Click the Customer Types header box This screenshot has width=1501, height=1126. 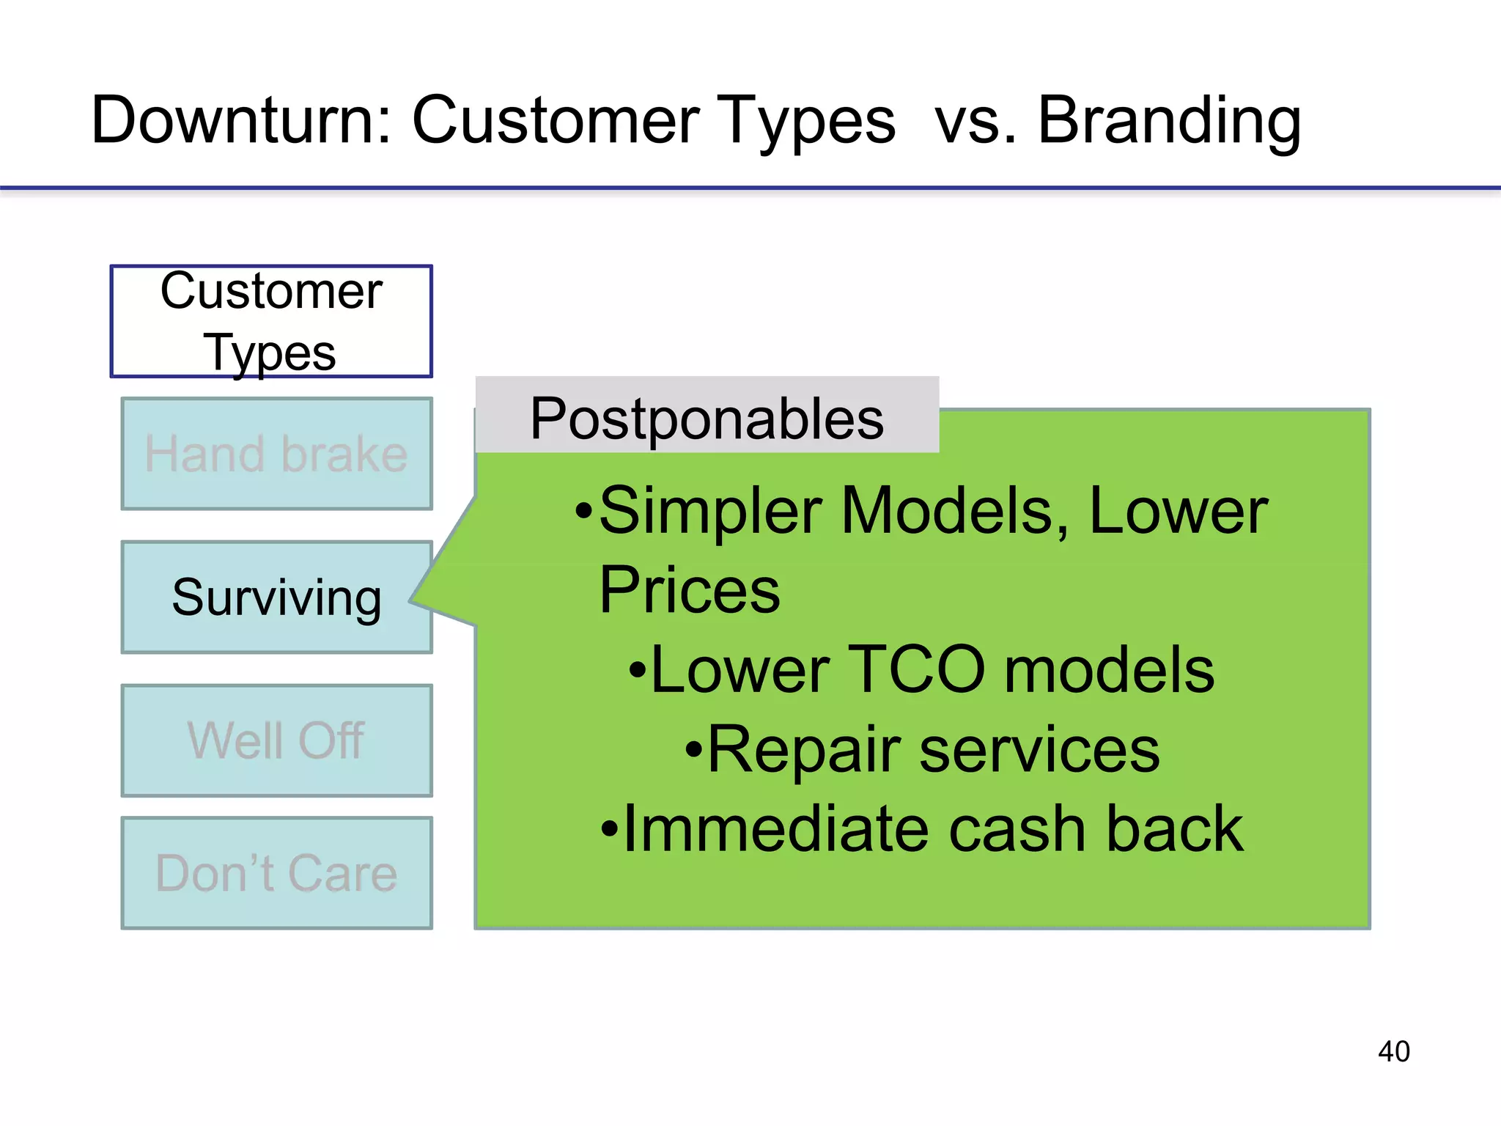(x=271, y=321)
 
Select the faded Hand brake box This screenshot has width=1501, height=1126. (x=276, y=454)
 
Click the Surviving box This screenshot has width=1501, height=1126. (x=276, y=597)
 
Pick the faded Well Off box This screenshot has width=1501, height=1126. (x=276, y=740)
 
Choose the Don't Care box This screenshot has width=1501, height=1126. (x=276, y=873)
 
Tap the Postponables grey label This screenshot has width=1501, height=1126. (x=707, y=417)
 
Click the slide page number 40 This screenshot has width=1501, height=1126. (x=1393, y=1051)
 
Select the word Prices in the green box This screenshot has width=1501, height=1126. (x=689, y=591)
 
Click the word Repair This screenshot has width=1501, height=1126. (x=803, y=750)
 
